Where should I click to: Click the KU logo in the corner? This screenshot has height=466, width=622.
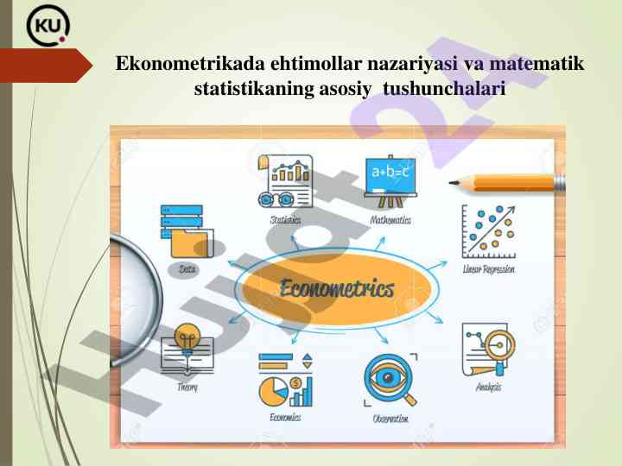point(48,26)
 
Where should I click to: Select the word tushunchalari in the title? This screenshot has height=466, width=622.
point(444,88)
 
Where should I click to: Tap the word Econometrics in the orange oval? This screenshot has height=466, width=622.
point(337,288)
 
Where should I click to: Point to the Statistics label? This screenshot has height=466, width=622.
point(285,219)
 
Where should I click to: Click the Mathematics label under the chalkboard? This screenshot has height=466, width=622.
point(390,219)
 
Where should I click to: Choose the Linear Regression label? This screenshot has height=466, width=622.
point(489,269)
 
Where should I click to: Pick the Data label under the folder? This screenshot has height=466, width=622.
point(187,269)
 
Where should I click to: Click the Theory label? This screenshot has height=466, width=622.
point(187,387)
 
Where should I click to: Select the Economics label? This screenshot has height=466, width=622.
point(285,417)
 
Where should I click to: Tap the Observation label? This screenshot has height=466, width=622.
point(390,419)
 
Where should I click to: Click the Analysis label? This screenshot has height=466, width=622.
point(488,387)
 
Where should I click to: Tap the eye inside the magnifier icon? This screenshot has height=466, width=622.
point(388,377)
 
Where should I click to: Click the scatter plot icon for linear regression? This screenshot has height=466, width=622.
point(489,232)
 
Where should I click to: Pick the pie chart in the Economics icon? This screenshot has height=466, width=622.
point(273,392)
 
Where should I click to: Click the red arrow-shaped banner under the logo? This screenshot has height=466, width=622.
point(46,66)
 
